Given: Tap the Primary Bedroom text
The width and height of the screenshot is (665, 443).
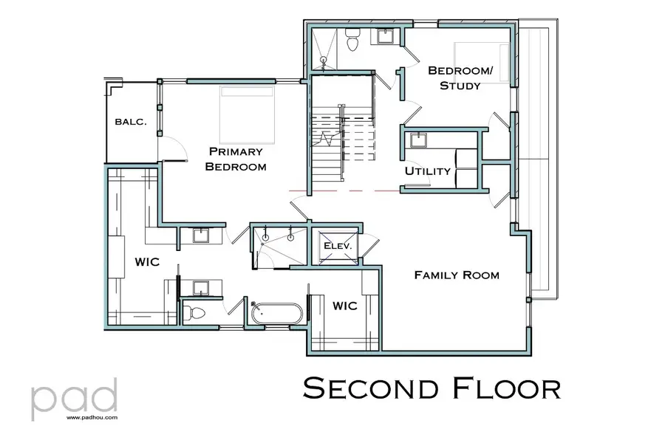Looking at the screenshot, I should [235, 159].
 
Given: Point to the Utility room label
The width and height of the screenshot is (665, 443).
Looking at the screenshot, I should [427, 171].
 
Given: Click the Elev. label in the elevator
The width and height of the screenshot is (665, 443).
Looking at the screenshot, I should [340, 245].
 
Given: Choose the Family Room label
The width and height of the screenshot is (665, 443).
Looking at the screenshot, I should [456, 275].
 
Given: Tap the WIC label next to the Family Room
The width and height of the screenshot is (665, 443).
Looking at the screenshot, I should [345, 305].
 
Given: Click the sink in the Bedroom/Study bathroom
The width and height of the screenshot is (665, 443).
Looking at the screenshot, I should [385, 35].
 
